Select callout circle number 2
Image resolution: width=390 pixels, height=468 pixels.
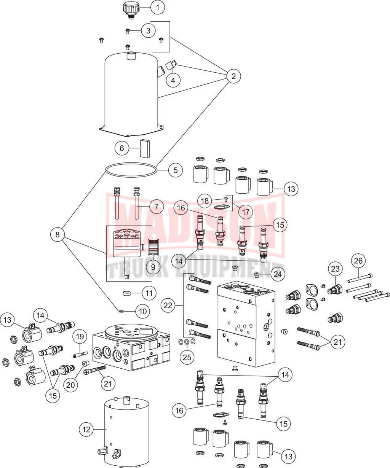click(x=233, y=76)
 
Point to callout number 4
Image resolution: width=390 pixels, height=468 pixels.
click(x=173, y=80)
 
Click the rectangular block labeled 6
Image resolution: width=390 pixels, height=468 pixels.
click(x=144, y=148)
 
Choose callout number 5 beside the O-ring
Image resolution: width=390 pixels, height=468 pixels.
click(x=175, y=170)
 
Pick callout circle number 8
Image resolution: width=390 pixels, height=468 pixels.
click(x=58, y=235)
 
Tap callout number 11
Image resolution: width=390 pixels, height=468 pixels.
click(x=149, y=293)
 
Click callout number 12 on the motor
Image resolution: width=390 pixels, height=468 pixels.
click(x=86, y=430)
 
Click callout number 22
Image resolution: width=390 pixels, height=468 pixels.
click(x=168, y=305)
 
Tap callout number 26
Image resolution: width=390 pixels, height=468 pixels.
click(x=358, y=261)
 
